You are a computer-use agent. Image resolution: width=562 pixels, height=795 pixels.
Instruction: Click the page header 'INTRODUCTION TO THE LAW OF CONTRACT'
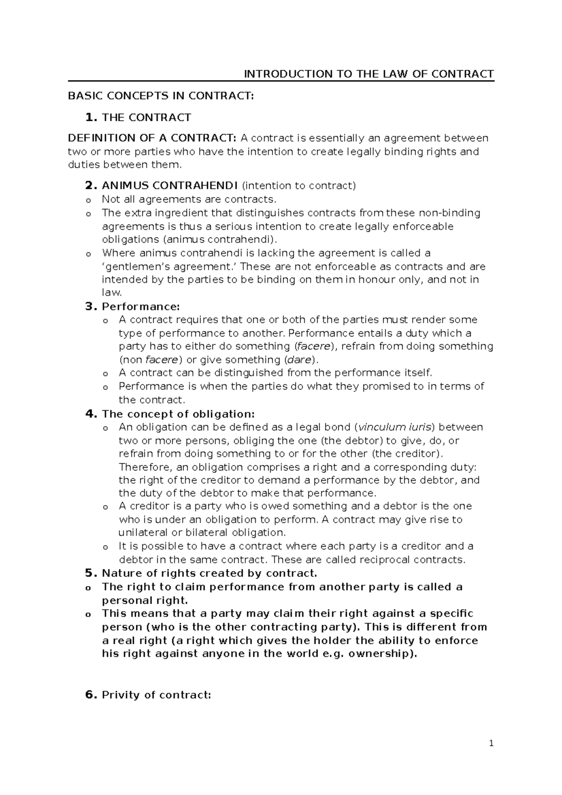369,74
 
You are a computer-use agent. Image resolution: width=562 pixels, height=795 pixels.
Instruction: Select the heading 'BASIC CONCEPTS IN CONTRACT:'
161,96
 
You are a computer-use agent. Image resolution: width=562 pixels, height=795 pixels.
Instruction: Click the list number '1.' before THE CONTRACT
92,117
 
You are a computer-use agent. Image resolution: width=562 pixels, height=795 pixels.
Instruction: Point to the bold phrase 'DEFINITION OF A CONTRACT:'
152,138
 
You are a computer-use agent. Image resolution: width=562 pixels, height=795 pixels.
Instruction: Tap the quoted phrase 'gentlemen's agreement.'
170,266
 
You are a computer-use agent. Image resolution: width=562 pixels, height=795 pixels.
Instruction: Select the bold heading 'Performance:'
140,307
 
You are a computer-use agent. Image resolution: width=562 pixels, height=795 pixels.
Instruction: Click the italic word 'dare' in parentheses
297,360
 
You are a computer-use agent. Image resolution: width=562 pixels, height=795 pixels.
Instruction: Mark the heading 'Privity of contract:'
156,695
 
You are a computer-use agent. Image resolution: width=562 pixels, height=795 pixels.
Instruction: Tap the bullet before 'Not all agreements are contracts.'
87,200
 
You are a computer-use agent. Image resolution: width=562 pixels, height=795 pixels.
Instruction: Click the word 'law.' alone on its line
112,293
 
